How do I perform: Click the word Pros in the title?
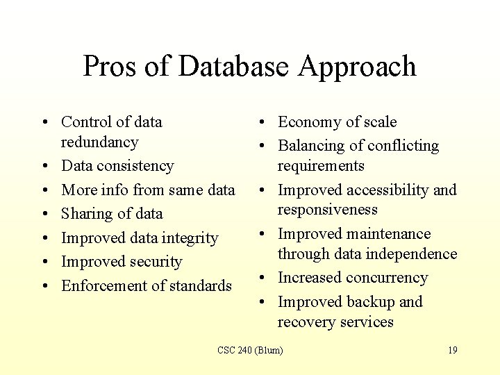(112, 67)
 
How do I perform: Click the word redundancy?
(100, 142)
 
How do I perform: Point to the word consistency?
(135, 166)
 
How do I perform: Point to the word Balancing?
(312, 146)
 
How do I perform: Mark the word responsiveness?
(328, 210)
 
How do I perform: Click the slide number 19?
(452, 350)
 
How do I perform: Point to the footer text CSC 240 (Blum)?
(250, 350)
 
